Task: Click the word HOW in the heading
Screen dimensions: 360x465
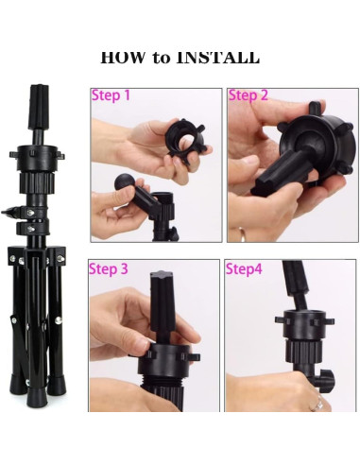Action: pos(123,58)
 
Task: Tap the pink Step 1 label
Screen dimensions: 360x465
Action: pos(111,95)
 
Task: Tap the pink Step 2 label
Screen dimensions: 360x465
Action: pos(248,95)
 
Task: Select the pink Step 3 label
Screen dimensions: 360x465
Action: pos(109,269)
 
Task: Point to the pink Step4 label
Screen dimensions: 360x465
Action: pos(244,269)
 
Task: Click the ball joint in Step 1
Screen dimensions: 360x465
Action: pos(124,182)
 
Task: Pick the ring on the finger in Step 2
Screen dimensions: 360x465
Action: pos(242,234)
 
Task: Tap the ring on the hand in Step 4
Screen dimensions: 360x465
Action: pos(317,404)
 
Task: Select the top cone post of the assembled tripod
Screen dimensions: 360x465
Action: pos(40,107)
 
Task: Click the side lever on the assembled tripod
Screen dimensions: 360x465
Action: pos(12,212)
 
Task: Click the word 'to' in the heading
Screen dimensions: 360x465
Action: pos(161,59)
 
